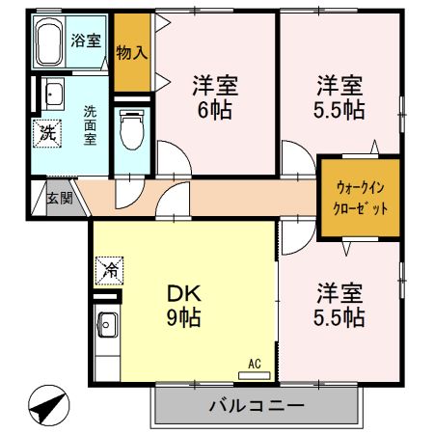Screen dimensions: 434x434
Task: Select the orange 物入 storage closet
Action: pyautogui.click(x=131, y=52)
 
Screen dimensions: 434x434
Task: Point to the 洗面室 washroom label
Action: pyautogui.click(x=89, y=124)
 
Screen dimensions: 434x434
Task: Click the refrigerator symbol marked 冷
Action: pyautogui.click(x=109, y=271)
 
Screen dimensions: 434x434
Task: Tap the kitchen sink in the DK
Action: pyautogui.click(x=106, y=324)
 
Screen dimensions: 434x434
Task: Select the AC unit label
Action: pyautogui.click(x=255, y=363)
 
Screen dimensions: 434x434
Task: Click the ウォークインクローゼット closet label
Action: pyautogui.click(x=362, y=198)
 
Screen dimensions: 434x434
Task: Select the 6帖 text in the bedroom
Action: pyautogui.click(x=214, y=109)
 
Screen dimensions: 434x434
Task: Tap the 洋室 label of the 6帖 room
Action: pyautogui.click(x=214, y=85)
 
